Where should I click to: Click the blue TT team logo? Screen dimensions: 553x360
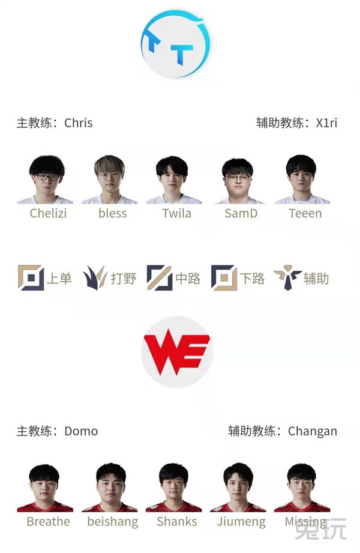coord(176,44)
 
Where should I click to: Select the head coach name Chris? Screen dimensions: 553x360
coord(78,123)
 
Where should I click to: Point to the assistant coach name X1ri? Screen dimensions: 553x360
coord(326,123)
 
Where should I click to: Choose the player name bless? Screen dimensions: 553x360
coord(112,213)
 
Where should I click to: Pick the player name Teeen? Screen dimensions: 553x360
coord(305,213)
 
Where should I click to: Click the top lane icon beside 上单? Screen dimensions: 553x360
coord(31,278)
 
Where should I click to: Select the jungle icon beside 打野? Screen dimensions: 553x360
coord(95,278)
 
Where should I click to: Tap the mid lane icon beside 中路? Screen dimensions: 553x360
coord(160,278)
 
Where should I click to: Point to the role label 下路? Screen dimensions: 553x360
coord(252,279)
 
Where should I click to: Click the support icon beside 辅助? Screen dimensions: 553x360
coord(287,278)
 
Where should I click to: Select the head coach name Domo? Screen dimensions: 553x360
coord(80,431)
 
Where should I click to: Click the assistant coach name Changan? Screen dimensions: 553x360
coord(312,431)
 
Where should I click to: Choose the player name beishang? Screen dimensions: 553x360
coord(112,522)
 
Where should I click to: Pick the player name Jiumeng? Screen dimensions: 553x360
coord(241,522)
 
